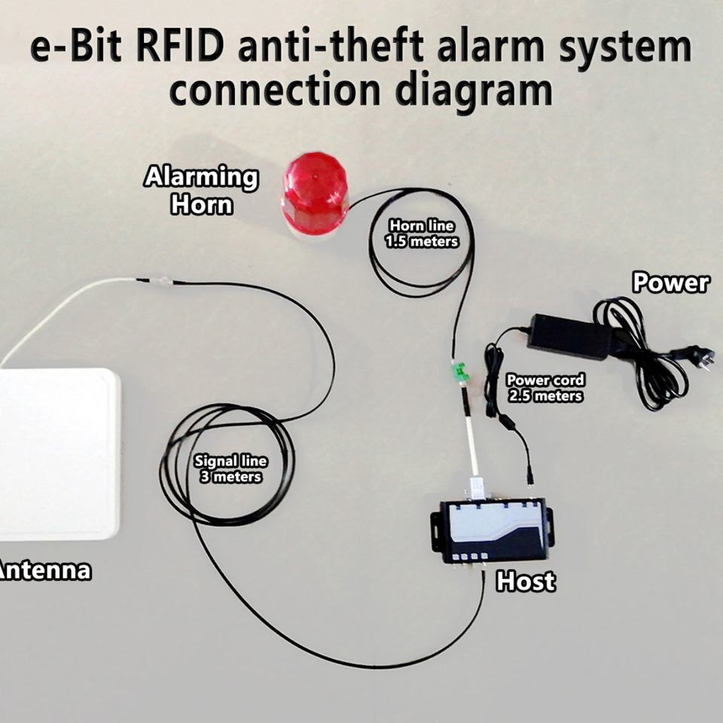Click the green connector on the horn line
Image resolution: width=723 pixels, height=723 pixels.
point(459,371)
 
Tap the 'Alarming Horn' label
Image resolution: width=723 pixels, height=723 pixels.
point(201,191)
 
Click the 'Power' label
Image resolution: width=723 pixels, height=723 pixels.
point(670,283)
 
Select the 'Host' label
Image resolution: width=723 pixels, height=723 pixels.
point(526,581)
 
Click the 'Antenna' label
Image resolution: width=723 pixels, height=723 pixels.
point(45,570)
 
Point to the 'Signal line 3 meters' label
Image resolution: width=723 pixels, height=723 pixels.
point(230,469)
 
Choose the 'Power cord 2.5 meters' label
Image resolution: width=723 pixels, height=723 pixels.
point(545,388)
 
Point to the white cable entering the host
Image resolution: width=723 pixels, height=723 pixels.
point(473,452)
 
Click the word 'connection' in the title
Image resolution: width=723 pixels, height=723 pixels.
point(276,90)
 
